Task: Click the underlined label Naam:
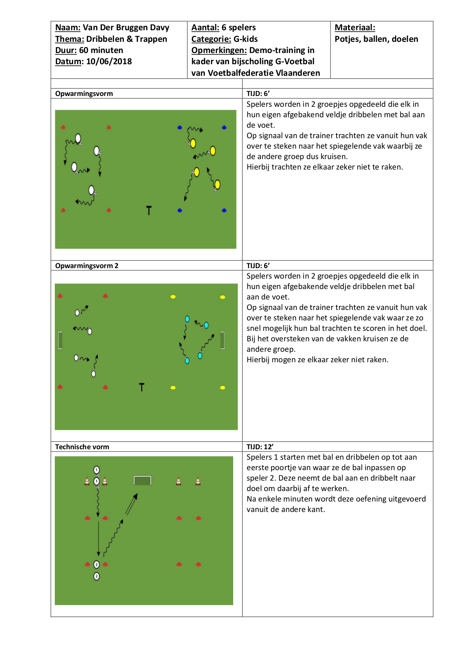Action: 68,28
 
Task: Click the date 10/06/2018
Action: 109,62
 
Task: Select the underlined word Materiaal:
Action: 355,28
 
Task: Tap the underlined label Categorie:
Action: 211,39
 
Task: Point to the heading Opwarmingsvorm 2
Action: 87,266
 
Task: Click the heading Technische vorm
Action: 82,447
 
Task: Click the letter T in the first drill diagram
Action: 149,211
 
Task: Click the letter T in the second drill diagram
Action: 141,387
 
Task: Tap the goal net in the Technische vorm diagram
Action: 143,480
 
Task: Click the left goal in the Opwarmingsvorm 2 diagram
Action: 60,340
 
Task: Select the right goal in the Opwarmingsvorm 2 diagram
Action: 223,340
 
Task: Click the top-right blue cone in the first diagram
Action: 224,128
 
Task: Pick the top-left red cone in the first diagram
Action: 63,128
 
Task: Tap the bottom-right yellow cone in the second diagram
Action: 223,388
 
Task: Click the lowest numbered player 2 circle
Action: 97,576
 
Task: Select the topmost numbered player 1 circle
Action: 97,470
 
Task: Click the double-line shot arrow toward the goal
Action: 131,505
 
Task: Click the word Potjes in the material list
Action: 347,39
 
